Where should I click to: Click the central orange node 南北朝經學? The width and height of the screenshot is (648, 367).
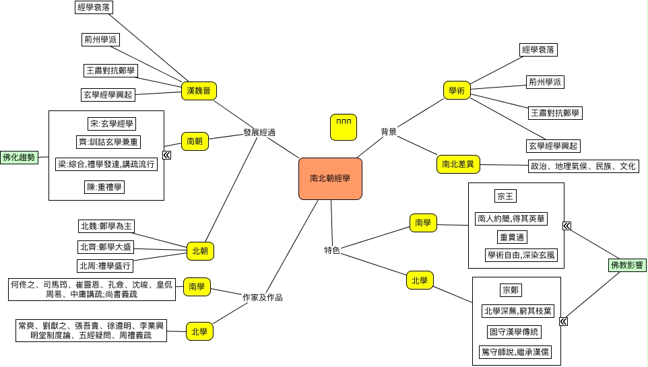[330, 178]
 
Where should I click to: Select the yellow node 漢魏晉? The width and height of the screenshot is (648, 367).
[199, 90]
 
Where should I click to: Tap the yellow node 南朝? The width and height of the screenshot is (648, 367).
[195, 141]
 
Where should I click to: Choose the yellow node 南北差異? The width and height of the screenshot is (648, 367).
[458, 164]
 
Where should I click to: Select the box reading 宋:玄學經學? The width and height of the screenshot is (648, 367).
[107, 124]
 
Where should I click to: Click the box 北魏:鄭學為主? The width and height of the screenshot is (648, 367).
[106, 226]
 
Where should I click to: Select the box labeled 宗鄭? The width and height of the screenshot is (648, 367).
[511, 290]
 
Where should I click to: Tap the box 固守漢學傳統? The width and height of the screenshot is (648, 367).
[515, 331]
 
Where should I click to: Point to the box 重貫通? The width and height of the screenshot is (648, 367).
[512, 237]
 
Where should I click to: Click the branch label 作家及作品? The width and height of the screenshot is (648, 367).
[263, 296]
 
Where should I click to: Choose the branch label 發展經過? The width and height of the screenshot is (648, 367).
[260, 133]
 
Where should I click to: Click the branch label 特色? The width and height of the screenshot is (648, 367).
[331, 251]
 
